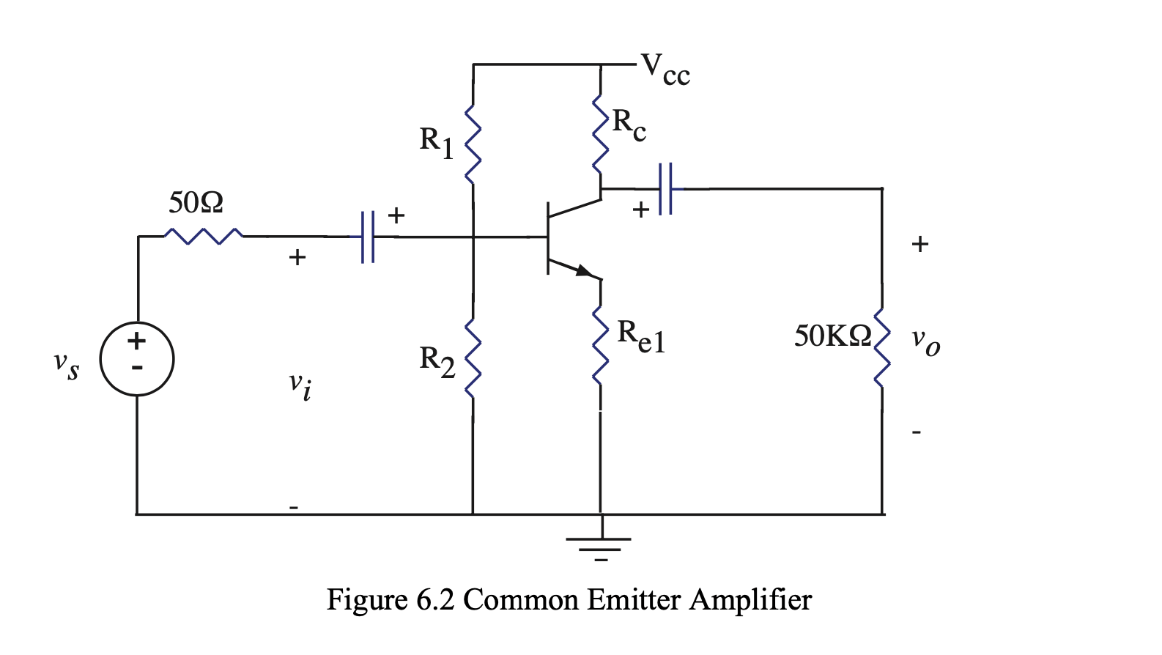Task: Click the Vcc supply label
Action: (665, 70)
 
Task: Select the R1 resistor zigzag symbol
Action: (473, 143)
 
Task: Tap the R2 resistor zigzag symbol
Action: (473, 358)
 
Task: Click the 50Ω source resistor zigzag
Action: (203, 236)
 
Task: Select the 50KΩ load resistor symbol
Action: (881, 347)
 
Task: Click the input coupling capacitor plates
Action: (368, 237)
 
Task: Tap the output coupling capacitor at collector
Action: (665, 189)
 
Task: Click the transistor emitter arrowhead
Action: (584, 271)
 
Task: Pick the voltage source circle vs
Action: (137, 359)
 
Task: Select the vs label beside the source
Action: (66, 364)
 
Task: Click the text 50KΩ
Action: (833, 336)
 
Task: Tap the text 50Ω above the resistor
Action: (196, 202)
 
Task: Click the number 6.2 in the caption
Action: (435, 600)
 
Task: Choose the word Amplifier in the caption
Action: (750, 600)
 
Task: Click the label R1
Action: (436, 141)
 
